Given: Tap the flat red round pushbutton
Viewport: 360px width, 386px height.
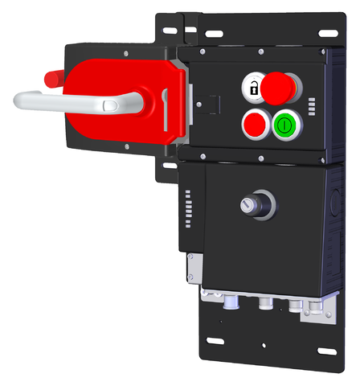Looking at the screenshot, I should pos(255,124).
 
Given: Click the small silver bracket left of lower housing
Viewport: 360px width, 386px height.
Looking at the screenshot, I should pos(193,265).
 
